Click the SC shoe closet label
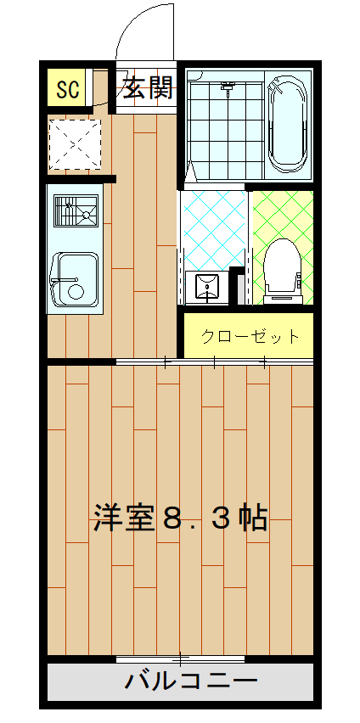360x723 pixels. pos(67,88)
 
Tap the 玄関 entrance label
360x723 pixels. pos(148,87)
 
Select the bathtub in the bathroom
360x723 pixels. pos(288,123)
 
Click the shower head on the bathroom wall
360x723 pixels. pos(228,86)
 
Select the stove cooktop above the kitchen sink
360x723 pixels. pos(76,210)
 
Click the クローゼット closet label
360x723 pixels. pos(250,336)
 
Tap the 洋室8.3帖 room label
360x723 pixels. pos(180,517)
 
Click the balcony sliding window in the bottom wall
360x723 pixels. pos(180,659)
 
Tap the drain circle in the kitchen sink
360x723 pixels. pos(76,292)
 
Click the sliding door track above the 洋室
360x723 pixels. pos(214,362)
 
